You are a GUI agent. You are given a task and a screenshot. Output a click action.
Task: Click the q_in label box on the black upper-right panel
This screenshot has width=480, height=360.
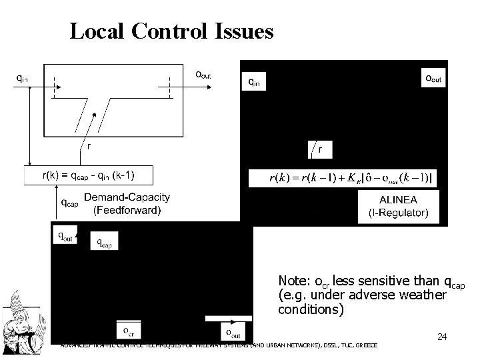coord(255,81)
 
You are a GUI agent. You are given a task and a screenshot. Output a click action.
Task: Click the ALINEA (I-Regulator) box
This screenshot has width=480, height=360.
coord(399,207)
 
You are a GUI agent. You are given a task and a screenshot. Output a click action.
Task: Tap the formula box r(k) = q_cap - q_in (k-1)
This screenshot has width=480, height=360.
coord(89,175)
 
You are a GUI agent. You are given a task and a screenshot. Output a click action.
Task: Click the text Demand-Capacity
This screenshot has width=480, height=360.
coord(127,197)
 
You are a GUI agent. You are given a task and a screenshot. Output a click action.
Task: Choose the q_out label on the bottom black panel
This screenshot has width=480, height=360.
coord(66,235)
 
